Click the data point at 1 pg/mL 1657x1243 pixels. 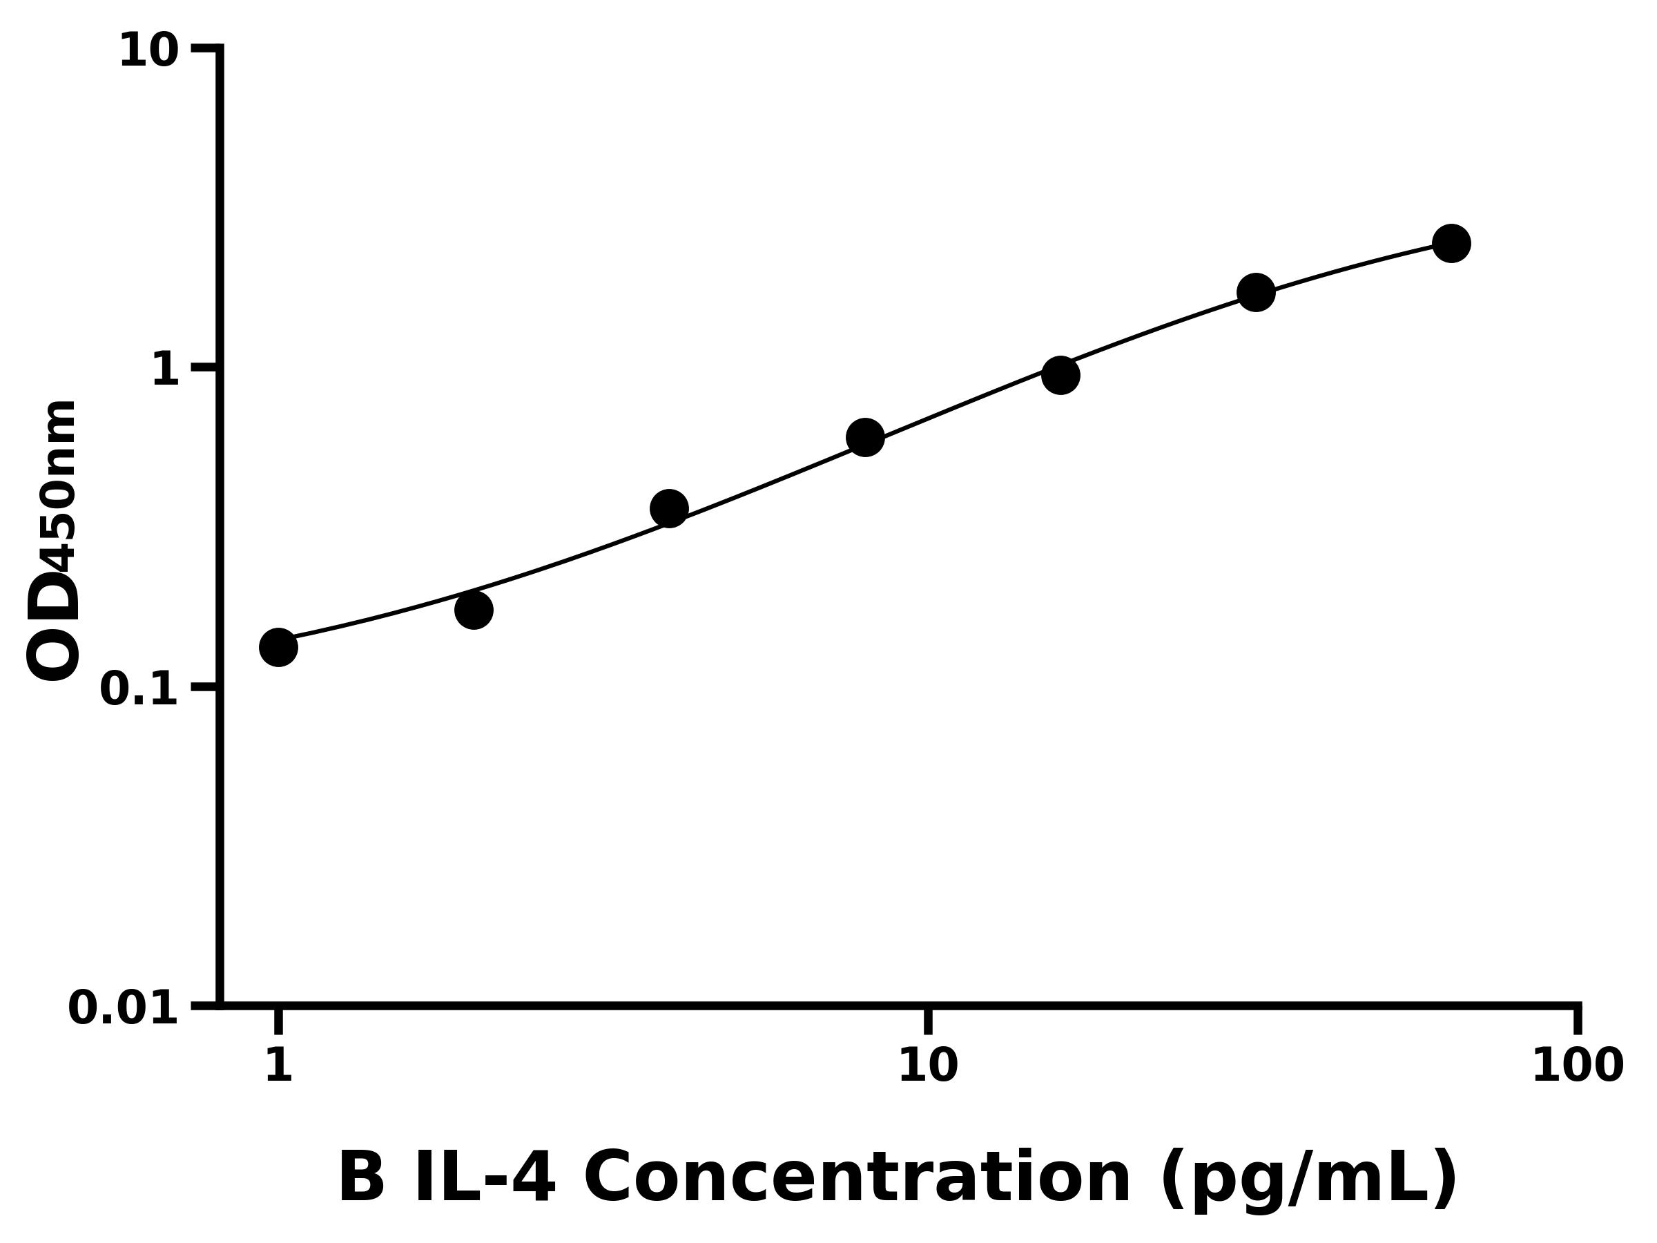click(279, 647)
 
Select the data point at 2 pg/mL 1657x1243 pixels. click(474, 610)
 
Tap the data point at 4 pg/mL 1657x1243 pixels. click(670, 510)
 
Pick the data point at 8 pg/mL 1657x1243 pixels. click(865, 438)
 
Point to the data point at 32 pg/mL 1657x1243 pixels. click(1257, 292)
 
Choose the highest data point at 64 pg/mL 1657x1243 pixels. click(1452, 244)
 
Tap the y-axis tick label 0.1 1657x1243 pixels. click(139, 690)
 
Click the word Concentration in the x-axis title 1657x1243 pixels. click(857, 1179)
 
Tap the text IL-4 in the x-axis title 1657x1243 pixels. click(485, 1179)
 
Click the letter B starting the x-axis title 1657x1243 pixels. click(362, 1179)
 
